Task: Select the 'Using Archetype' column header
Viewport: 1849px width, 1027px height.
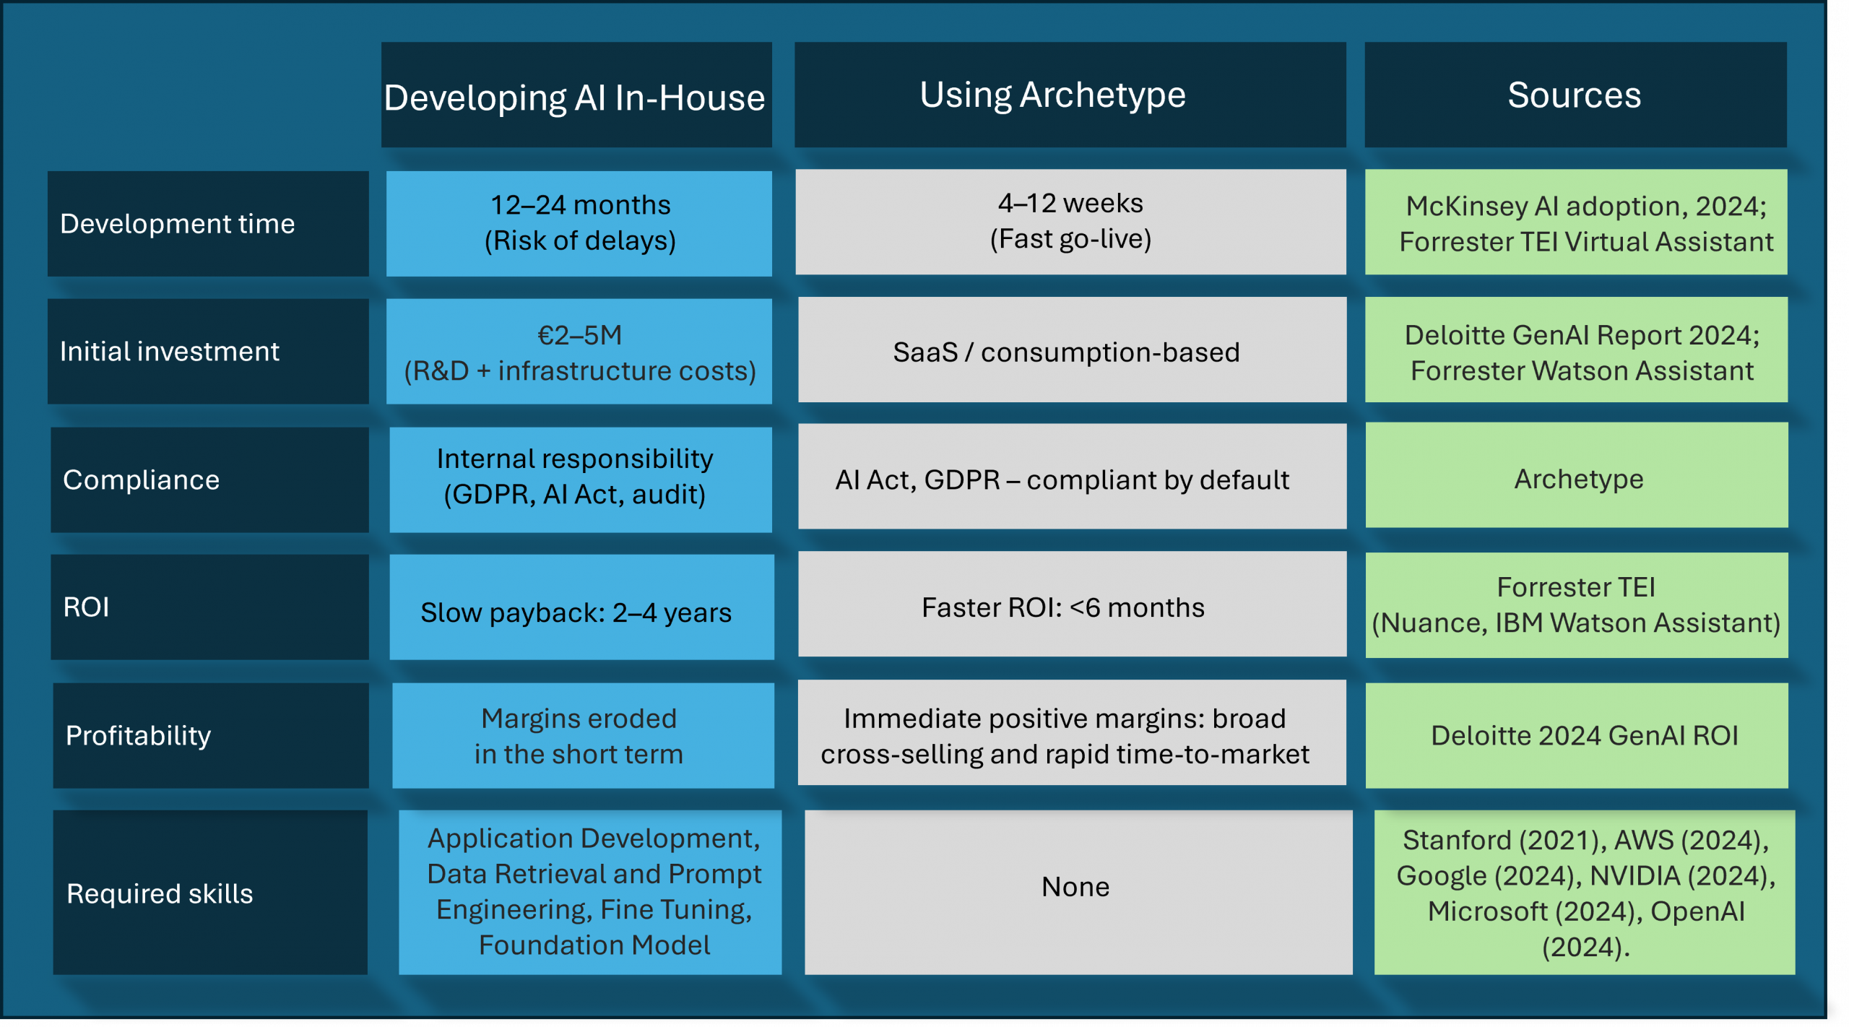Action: click(x=1070, y=95)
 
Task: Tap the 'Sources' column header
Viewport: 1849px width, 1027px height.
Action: click(x=1575, y=95)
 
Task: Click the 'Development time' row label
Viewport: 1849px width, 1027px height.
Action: click(x=208, y=224)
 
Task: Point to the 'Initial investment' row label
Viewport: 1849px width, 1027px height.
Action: click(x=208, y=352)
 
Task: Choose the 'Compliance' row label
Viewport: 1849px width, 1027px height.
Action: click(x=209, y=480)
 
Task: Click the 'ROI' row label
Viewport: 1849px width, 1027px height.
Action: click(x=209, y=607)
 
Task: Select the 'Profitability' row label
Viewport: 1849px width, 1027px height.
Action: click(x=210, y=735)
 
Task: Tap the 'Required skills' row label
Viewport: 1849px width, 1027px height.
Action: click(x=210, y=893)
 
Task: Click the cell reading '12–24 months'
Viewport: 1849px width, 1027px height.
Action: click(x=579, y=223)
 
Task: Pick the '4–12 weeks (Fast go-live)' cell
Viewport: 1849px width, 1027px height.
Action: click(x=1070, y=222)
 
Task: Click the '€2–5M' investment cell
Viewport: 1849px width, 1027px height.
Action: click(x=579, y=352)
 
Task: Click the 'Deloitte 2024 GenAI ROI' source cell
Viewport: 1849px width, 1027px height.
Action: click(x=1577, y=735)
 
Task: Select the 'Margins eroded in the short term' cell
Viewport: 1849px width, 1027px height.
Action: click(x=582, y=735)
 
